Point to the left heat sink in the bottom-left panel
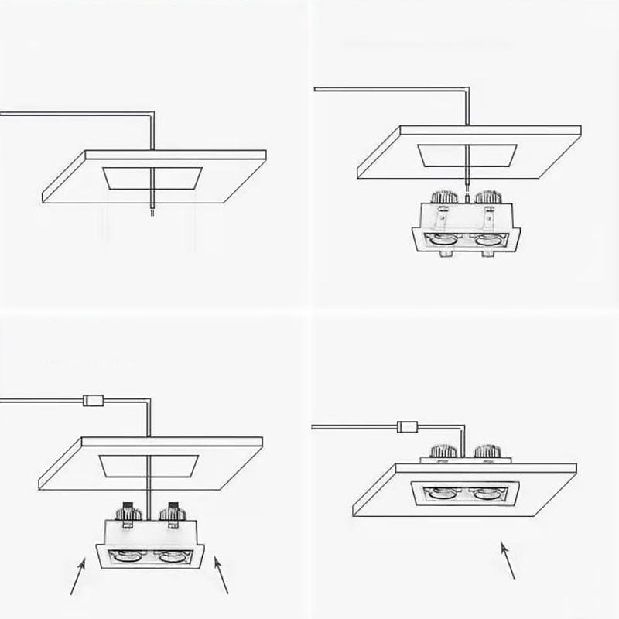125,511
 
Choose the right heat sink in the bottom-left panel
171,511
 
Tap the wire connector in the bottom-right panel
407,425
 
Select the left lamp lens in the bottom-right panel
441,492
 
